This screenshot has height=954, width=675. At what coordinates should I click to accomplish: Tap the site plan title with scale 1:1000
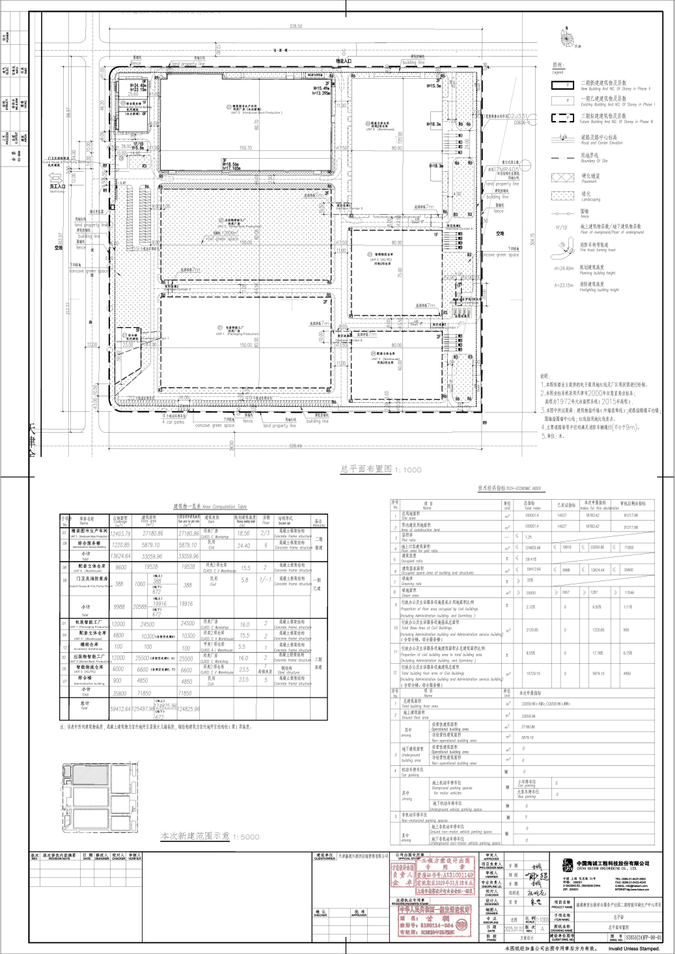point(381,469)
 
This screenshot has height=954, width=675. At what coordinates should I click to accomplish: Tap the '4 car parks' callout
point(173,422)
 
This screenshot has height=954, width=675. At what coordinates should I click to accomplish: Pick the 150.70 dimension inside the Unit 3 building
point(245,148)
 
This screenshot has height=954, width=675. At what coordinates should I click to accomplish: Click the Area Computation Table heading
point(210,506)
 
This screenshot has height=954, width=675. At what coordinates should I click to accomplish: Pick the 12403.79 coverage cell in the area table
point(121,533)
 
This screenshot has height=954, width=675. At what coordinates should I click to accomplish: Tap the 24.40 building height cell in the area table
point(243,546)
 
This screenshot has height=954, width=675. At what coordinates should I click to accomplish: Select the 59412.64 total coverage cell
point(121,709)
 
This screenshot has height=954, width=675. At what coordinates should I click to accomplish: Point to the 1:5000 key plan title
point(210,836)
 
